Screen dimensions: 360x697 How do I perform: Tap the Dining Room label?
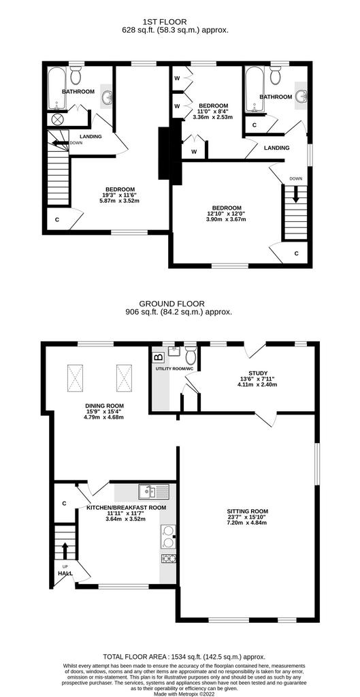[105, 406]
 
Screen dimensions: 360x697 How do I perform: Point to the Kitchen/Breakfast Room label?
[126, 507]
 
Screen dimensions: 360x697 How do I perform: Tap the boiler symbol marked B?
[159, 357]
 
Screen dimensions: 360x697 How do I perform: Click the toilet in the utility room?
[191, 355]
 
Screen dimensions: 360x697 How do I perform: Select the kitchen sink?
[153, 492]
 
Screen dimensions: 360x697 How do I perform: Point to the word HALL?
[65, 573]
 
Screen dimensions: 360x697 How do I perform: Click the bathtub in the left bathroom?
[56, 88]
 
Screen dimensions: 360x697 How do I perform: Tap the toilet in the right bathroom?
[276, 75]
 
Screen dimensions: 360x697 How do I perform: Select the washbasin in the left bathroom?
[107, 96]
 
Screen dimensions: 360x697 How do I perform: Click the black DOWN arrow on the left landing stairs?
[59, 143]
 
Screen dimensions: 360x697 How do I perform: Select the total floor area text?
[184, 656]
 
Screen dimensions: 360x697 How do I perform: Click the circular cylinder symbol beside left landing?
[57, 119]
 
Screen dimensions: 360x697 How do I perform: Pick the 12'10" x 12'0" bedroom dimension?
[227, 214]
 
